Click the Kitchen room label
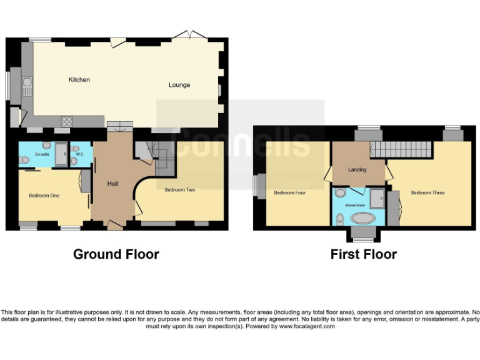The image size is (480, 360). pos(79,80)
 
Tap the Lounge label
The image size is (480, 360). pos(179,85)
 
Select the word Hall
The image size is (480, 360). pos(112,184)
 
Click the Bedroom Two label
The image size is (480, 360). pos(180,189)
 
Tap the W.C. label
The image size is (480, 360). pos(80,154)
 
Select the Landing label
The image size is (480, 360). pos(357,169)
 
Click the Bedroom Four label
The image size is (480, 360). pos(289,192)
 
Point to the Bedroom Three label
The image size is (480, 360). pos(427,192)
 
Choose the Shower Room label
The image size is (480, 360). pos(356,204)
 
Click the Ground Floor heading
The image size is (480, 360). pos(116,254)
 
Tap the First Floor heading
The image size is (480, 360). pos(363,254)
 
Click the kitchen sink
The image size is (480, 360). pos(27,86)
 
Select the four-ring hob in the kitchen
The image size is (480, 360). pos(66,121)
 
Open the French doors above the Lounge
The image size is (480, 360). pos(190,37)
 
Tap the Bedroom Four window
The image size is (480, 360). pos(257,186)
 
